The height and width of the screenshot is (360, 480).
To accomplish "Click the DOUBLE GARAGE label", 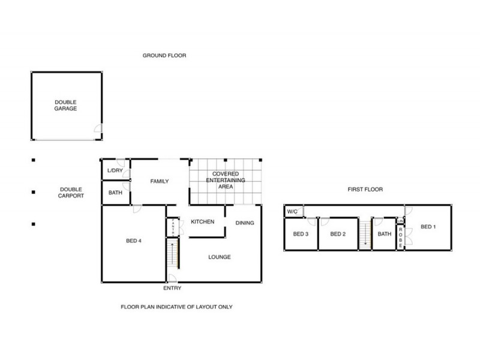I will [66, 106].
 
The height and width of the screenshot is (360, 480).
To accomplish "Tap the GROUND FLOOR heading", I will [164, 56].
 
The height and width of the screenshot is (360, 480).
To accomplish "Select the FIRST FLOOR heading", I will [365, 190].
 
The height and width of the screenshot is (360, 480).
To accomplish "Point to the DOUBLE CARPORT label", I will [71, 193].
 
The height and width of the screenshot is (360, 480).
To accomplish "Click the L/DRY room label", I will [114, 171].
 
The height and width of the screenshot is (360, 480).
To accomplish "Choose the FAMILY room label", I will [160, 181].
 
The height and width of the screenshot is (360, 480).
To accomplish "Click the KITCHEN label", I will [203, 222].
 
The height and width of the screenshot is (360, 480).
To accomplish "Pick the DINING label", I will [244, 223].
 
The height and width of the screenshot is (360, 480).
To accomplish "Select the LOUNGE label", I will [220, 257].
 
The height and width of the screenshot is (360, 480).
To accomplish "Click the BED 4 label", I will [133, 241].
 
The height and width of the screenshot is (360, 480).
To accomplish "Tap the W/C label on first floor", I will [293, 212].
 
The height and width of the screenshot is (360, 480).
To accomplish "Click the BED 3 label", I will [300, 234].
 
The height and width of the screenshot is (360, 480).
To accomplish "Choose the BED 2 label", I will [338, 234].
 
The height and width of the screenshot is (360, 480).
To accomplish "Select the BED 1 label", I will [427, 227].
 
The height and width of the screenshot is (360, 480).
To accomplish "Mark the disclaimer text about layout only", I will [176, 307].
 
